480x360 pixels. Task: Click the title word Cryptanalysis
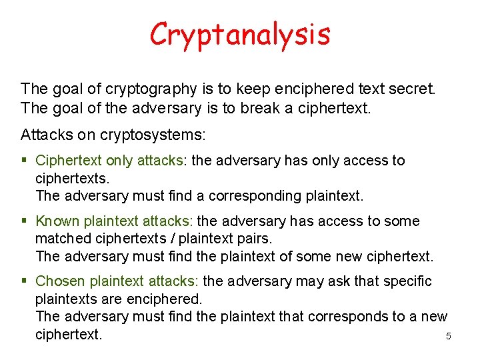pyautogui.click(x=240, y=34)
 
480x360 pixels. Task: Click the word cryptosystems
pyautogui.click(x=153, y=135)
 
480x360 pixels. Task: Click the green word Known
pyautogui.click(x=57, y=221)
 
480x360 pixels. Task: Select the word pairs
pyautogui.click(x=255, y=239)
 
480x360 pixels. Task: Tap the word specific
pyautogui.click(x=407, y=281)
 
